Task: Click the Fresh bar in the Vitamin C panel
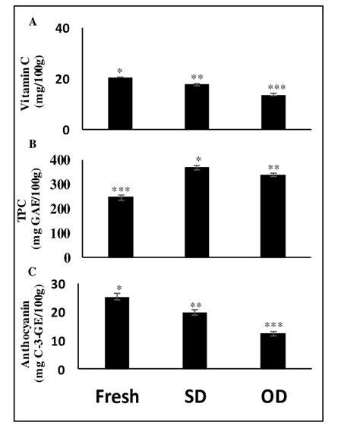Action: pyautogui.click(x=120, y=103)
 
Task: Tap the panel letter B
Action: pyautogui.click(x=32, y=142)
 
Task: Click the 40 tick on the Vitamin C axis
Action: pyautogui.click(x=62, y=29)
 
